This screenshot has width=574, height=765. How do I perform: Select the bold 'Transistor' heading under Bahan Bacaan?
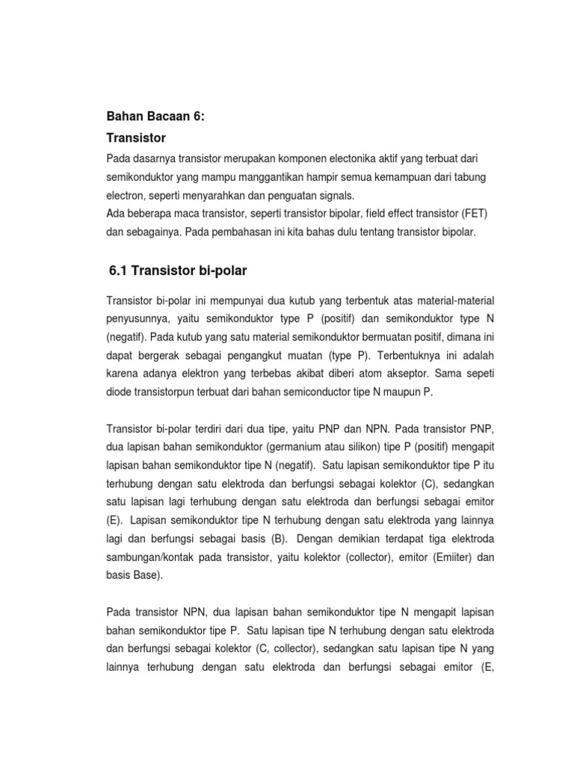[x=136, y=138]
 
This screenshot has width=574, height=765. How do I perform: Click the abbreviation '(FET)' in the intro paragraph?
[x=475, y=214]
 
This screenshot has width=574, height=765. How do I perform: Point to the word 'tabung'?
[x=472, y=178]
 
